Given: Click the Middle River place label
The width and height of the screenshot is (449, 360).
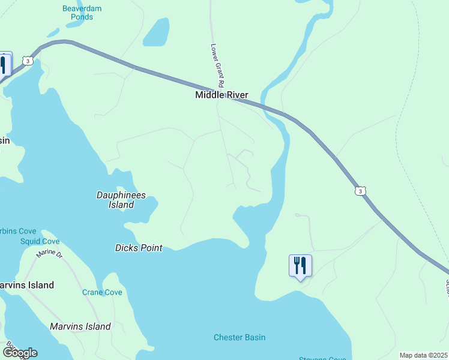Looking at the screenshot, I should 221,95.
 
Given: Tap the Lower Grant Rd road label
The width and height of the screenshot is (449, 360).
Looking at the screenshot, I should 217,66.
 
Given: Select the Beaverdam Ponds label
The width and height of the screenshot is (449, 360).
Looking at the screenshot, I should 78,13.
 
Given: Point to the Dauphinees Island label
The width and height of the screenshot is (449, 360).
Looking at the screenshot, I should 121,200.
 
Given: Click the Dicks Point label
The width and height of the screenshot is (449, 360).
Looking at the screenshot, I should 139,247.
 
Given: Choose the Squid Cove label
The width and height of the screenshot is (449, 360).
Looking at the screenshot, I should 40,241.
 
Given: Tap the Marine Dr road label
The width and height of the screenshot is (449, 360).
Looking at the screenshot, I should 49,254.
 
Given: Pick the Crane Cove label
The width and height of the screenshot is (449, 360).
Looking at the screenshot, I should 102,292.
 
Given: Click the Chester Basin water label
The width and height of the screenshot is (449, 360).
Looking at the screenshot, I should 240,337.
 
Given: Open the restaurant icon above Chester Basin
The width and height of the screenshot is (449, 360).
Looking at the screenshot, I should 300,265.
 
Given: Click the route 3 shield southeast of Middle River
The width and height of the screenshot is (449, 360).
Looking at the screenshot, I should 359,191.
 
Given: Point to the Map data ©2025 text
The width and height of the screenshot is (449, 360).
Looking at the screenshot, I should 423,355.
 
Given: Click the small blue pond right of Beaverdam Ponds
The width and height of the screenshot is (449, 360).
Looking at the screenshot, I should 157,32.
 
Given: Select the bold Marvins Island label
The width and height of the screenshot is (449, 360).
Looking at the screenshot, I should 27,285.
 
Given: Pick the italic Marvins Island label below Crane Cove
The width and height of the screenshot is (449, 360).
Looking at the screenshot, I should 80,326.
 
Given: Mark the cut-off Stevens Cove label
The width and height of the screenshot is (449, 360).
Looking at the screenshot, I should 322,358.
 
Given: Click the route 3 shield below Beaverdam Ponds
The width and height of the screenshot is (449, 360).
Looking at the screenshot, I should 27,61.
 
